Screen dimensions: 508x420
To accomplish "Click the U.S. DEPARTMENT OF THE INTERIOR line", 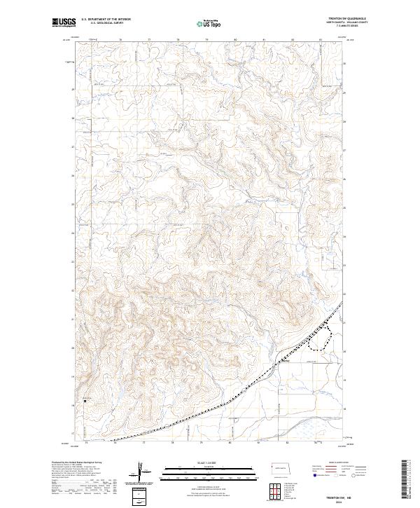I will pos(106,20).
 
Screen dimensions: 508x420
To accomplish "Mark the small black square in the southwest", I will pos(86,401).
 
